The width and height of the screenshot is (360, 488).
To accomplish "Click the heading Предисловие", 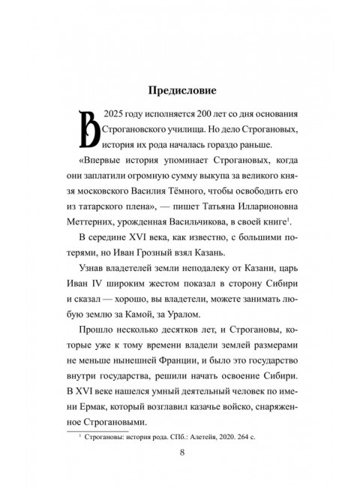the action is (x=180, y=92).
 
